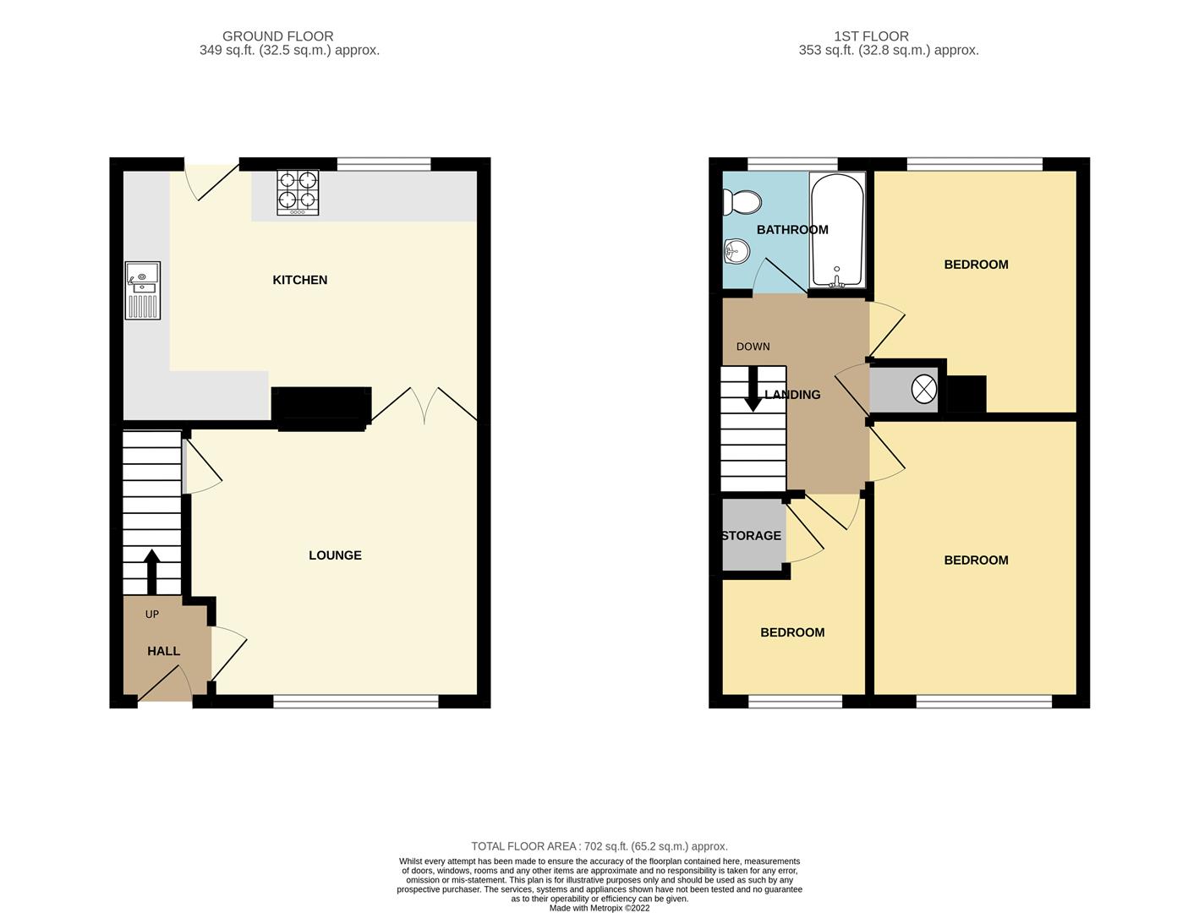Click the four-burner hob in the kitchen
point(298,193)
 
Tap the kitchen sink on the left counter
point(142,290)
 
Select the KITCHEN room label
point(299,280)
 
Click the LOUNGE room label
point(335,555)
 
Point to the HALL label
point(163,651)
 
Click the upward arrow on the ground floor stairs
point(152,572)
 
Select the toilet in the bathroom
point(742,202)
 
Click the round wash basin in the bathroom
point(737,250)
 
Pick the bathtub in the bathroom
point(836,230)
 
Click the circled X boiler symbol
point(923,390)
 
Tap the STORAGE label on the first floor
point(751,536)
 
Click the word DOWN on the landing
point(753,347)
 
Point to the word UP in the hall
point(152,615)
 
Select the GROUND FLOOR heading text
point(277,36)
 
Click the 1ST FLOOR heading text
point(871,36)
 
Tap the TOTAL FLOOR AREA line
point(599,846)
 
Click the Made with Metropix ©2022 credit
point(599,908)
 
